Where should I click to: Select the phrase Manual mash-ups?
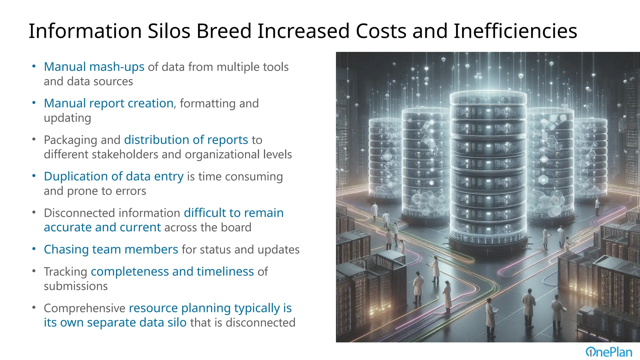tap(94, 67)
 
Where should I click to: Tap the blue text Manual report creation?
tap(108, 103)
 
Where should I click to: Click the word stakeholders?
tap(125, 154)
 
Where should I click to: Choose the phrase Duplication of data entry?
tap(113, 177)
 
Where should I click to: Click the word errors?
tap(131, 191)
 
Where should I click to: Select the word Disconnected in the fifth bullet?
tap(81, 213)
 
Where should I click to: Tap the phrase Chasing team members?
tap(111, 249)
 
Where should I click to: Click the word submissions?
tap(76, 286)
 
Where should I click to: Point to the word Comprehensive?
tap(84, 308)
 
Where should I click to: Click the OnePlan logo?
tap(608, 352)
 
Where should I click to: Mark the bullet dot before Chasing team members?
tap(34, 249)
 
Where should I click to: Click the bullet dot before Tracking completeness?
tap(34, 271)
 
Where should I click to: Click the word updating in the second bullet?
tap(67, 118)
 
